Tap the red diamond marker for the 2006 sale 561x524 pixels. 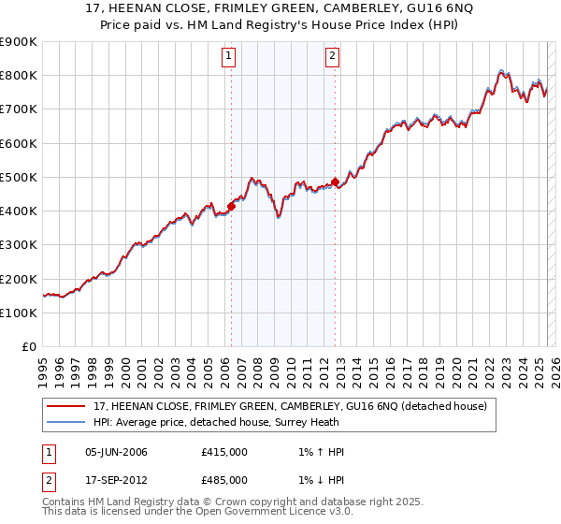click(231, 206)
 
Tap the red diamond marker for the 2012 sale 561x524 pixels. click(335, 182)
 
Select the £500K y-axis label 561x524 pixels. click(19, 178)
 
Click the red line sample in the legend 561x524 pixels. click(65, 407)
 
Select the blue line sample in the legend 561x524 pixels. click(65, 423)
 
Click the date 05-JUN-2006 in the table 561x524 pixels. click(116, 452)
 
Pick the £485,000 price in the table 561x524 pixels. click(224, 480)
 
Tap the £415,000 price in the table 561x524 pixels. click(224, 452)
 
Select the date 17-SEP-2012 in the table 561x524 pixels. click(116, 480)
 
